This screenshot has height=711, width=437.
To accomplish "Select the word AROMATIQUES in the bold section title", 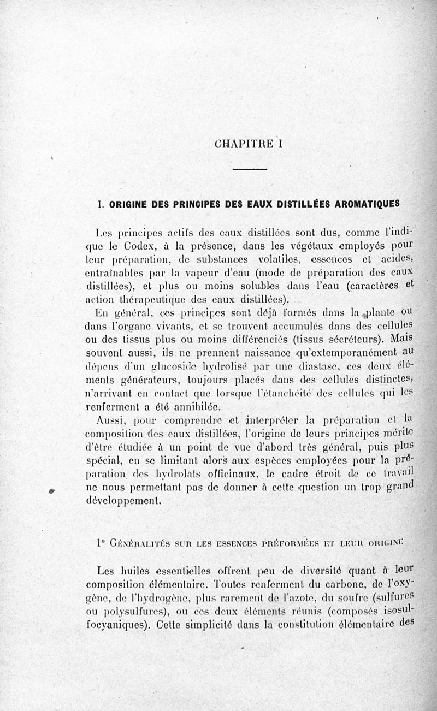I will (367, 204).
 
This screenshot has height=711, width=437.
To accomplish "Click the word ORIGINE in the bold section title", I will (130, 205).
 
